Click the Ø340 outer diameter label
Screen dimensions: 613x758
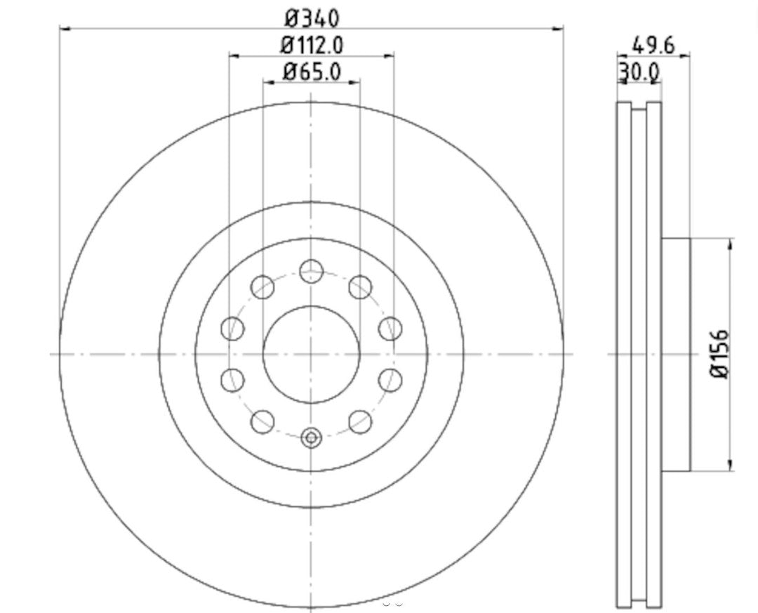coord(312,15)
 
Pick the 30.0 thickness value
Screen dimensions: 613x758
coord(639,71)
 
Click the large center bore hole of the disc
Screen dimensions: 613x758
coord(311,355)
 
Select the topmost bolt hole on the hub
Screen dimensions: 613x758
coord(311,271)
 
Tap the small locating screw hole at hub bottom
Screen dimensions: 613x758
coord(311,438)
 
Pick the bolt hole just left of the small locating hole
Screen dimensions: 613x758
coord(262,421)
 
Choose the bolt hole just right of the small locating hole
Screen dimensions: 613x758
coord(360,421)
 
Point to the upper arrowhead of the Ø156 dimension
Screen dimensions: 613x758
coord(731,243)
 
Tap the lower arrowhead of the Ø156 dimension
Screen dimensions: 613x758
coord(731,466)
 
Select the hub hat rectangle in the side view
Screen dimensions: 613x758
coord(676,355)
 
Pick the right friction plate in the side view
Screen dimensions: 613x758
coord(654,355)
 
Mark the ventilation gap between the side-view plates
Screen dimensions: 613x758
coord(639,355)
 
